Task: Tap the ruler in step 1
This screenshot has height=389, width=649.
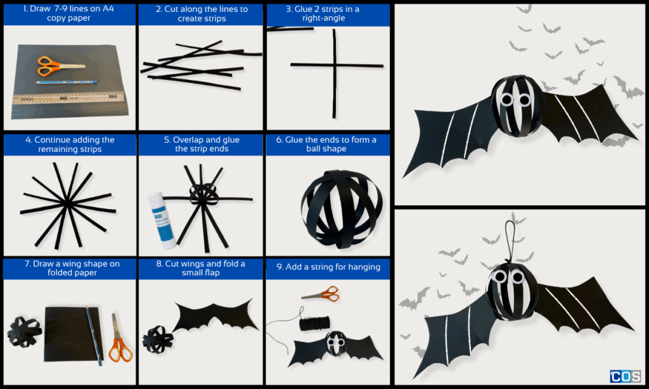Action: coord(68,98)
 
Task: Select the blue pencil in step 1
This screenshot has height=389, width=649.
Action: coord(67,82)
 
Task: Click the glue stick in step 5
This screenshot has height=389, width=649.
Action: coord(162,220)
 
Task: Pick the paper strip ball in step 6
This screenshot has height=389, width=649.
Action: coord(342,209)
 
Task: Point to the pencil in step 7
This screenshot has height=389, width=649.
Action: coord(94,336)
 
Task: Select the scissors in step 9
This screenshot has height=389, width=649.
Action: coord(321,294)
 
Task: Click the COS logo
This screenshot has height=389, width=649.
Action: coord(626,376)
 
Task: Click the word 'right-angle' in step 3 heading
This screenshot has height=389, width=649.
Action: coord(323,18)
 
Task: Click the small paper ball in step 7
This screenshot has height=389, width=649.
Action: coord(25,331)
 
